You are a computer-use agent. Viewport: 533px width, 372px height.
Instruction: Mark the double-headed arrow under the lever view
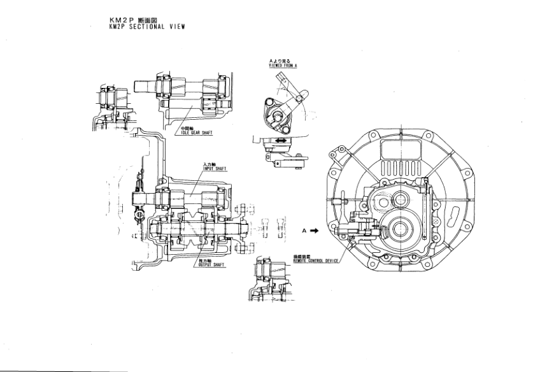point(278,139)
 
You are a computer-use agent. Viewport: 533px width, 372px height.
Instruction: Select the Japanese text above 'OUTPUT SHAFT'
point(205,259)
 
